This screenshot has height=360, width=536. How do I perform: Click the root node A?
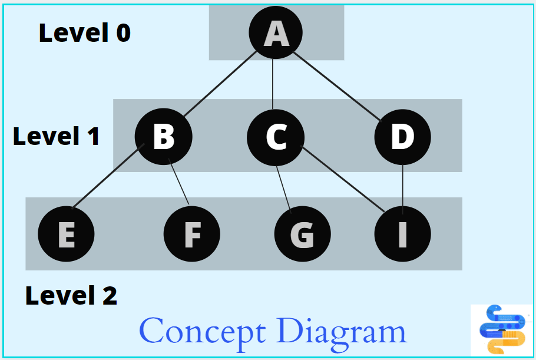276,32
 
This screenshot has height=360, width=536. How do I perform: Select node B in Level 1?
163,137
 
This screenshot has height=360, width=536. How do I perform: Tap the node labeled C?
276,137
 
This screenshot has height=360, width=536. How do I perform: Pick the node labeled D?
403,137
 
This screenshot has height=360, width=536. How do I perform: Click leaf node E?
66,234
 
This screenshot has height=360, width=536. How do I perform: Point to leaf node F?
192,234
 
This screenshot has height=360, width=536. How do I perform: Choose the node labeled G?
303,234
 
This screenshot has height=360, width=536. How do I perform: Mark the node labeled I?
403,234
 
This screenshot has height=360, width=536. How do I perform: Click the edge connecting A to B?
220,84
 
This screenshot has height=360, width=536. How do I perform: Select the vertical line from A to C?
273,84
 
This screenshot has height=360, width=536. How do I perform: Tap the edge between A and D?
337,87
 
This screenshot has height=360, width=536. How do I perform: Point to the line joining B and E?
108,176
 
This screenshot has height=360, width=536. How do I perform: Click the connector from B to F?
178,181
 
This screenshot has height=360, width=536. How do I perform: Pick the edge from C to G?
284,190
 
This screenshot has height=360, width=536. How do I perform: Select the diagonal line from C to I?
343,179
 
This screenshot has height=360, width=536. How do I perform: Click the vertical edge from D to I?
403,190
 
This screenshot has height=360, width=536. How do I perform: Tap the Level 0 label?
85,33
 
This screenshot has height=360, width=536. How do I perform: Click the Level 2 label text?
71,295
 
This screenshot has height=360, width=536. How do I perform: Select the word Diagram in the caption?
342,332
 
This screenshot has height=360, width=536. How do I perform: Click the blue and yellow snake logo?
502,329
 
